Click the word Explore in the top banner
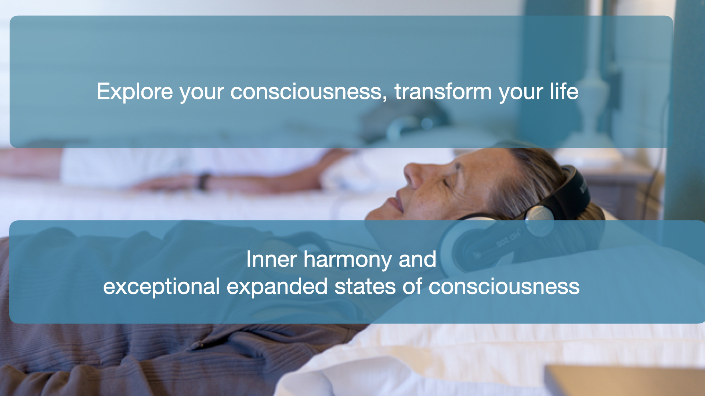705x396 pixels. [x=135, y=91]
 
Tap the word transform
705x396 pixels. [x=443, y=91]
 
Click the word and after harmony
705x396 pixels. [x=417, y=259]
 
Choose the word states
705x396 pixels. [x=365, y=287]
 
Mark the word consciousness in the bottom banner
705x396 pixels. [x=504, y=287]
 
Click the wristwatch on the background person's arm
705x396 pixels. [x=203, y=181]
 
